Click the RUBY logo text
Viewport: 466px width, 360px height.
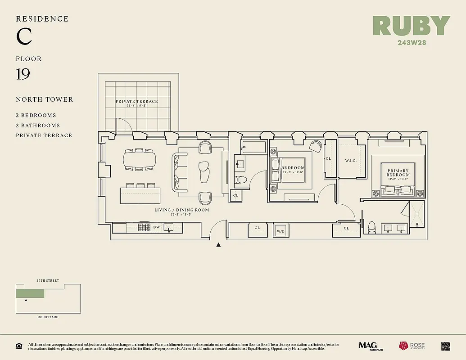pyautogui.click(x=411, y=26)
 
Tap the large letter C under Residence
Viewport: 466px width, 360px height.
pyautogui.click(x=24, y=37)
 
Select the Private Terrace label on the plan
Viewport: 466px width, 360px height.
pyautogui.click(x=137, y=101)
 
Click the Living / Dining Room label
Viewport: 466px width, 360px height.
pyautogui.click(x=181, y=210)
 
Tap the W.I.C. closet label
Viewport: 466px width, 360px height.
pyautogui.click(x=351, y=160)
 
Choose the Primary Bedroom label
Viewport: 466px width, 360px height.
pyautogui.click(x=398, y=173)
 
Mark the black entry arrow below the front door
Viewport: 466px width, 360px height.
pyautogui.click(x=219, y=245)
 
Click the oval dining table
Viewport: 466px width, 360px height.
pyautogui.click(x=140, y=159)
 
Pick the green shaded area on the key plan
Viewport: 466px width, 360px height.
pyautogui.click(x=30, y=293)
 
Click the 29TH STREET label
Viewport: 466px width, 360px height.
pyautogui.click(x=48, y=281)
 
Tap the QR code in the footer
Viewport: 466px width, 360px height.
pyautogui.click(x=446, y=346)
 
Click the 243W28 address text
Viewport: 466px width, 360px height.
pyautogui.click(x=412, y=43)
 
